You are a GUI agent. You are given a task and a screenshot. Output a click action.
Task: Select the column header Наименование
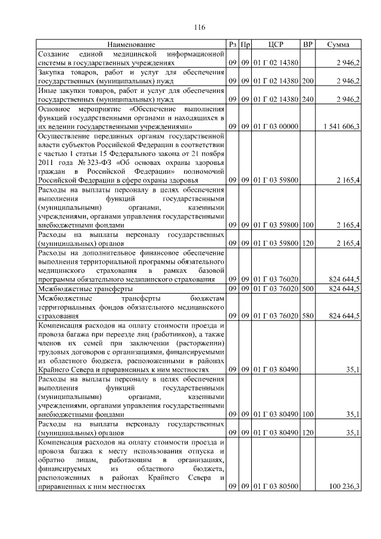click(131, 45)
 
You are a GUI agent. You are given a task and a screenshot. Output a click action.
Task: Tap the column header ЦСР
click(274, 45)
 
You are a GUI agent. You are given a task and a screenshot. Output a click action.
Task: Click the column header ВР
click(308, 45)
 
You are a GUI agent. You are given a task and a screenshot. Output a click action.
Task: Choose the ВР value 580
click(308, 316)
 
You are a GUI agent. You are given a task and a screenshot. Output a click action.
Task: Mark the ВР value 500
click(308, 289)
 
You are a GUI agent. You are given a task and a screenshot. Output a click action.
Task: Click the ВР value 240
click(308, 99)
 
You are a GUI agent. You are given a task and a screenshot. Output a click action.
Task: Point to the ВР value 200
click(308, 80)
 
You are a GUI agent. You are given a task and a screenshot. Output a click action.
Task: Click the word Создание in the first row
click(54, 54)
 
